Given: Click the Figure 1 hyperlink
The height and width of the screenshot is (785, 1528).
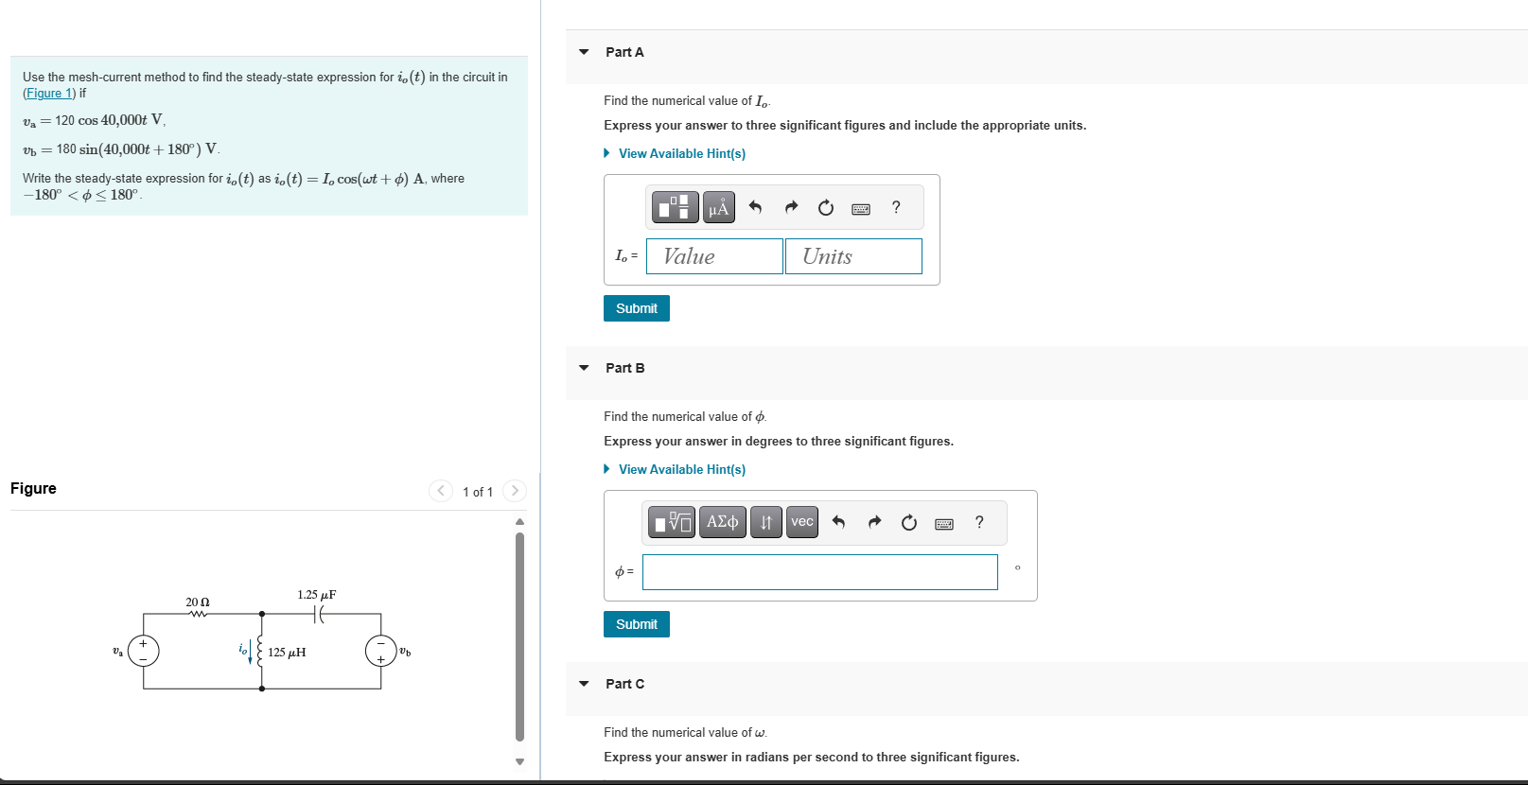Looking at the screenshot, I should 49,94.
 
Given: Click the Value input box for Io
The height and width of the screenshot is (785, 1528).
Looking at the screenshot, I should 714,256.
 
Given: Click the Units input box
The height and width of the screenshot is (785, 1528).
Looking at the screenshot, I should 853,256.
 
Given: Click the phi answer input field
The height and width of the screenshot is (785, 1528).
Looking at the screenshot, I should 819,572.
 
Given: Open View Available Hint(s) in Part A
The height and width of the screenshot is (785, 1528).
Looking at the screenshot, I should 681,153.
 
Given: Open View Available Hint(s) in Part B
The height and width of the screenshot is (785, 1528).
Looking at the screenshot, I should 681,469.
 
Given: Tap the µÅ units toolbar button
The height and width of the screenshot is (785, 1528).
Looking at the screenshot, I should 719,207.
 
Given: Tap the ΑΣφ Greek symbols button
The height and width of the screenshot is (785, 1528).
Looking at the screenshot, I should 723,522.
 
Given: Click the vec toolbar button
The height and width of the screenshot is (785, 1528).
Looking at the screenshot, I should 802,522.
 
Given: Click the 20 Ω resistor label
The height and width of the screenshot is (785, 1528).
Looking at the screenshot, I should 198,602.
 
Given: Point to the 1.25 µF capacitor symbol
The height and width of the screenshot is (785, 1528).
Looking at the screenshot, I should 320,615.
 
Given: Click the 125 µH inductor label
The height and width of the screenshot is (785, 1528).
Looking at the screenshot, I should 287,653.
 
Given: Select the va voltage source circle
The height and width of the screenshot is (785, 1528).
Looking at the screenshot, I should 144,651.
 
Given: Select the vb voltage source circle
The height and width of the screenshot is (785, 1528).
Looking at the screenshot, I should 380,651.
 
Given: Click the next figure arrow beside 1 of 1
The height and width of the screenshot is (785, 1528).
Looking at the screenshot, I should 515,491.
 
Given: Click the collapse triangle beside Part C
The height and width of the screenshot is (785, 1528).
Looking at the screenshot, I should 584,684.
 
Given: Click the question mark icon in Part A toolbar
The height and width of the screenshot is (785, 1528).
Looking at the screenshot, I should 896,207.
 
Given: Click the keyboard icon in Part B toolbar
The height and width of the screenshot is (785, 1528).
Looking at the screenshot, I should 943,523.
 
